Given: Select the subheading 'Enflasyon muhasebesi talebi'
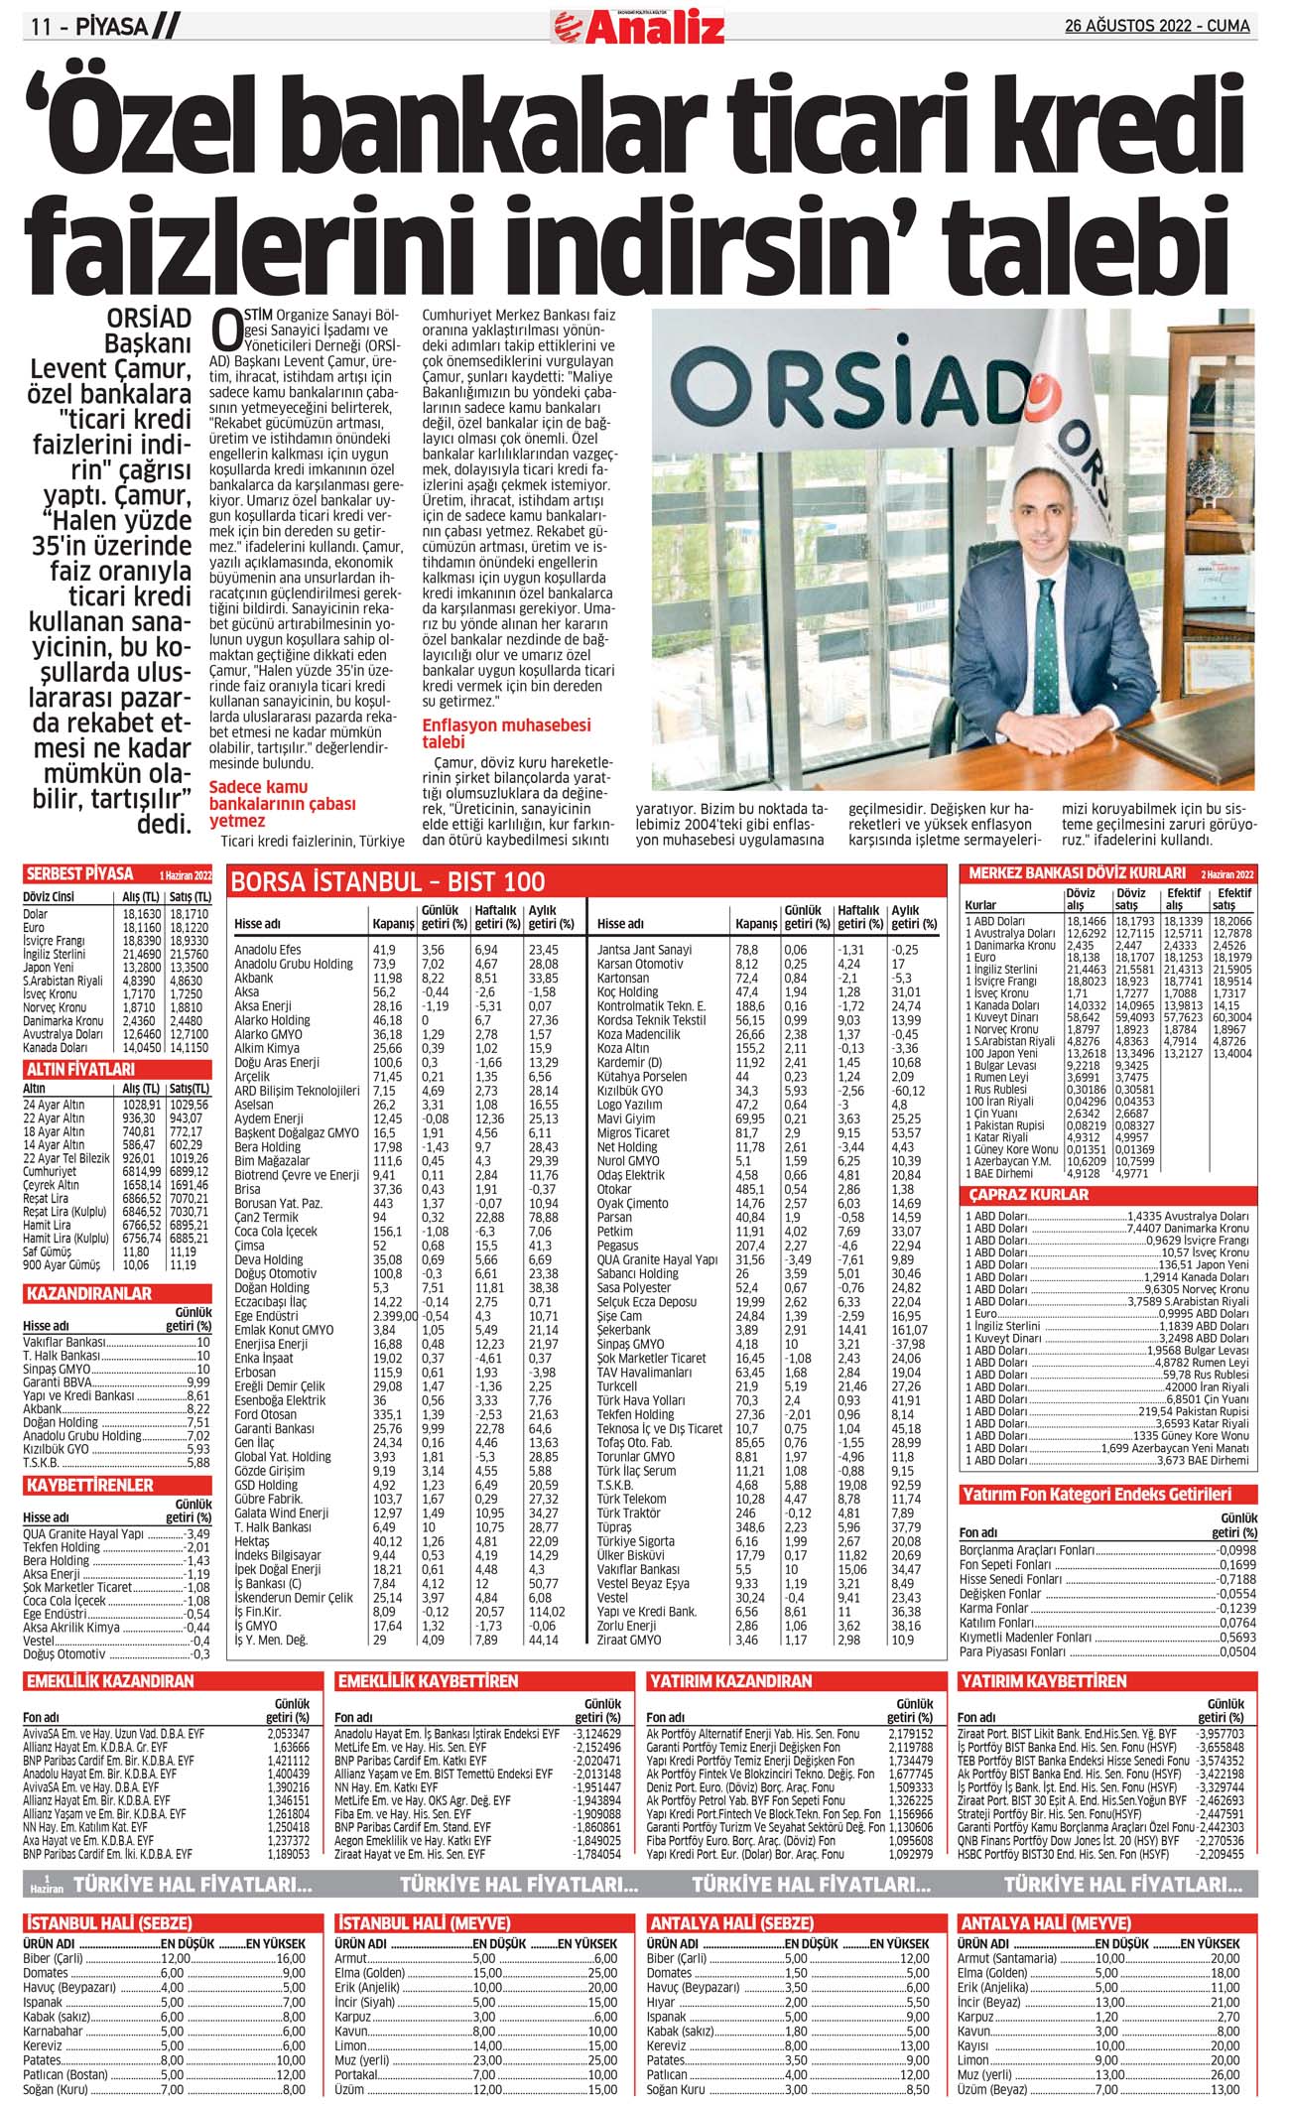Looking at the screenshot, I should tap(506, 733).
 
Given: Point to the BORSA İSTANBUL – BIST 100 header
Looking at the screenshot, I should tap(388, 881).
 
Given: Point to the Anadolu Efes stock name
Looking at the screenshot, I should tap(267, 950).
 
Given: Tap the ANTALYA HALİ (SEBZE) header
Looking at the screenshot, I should tap(729, 1922).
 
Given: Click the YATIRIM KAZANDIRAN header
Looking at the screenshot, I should tap(730, 1681).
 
